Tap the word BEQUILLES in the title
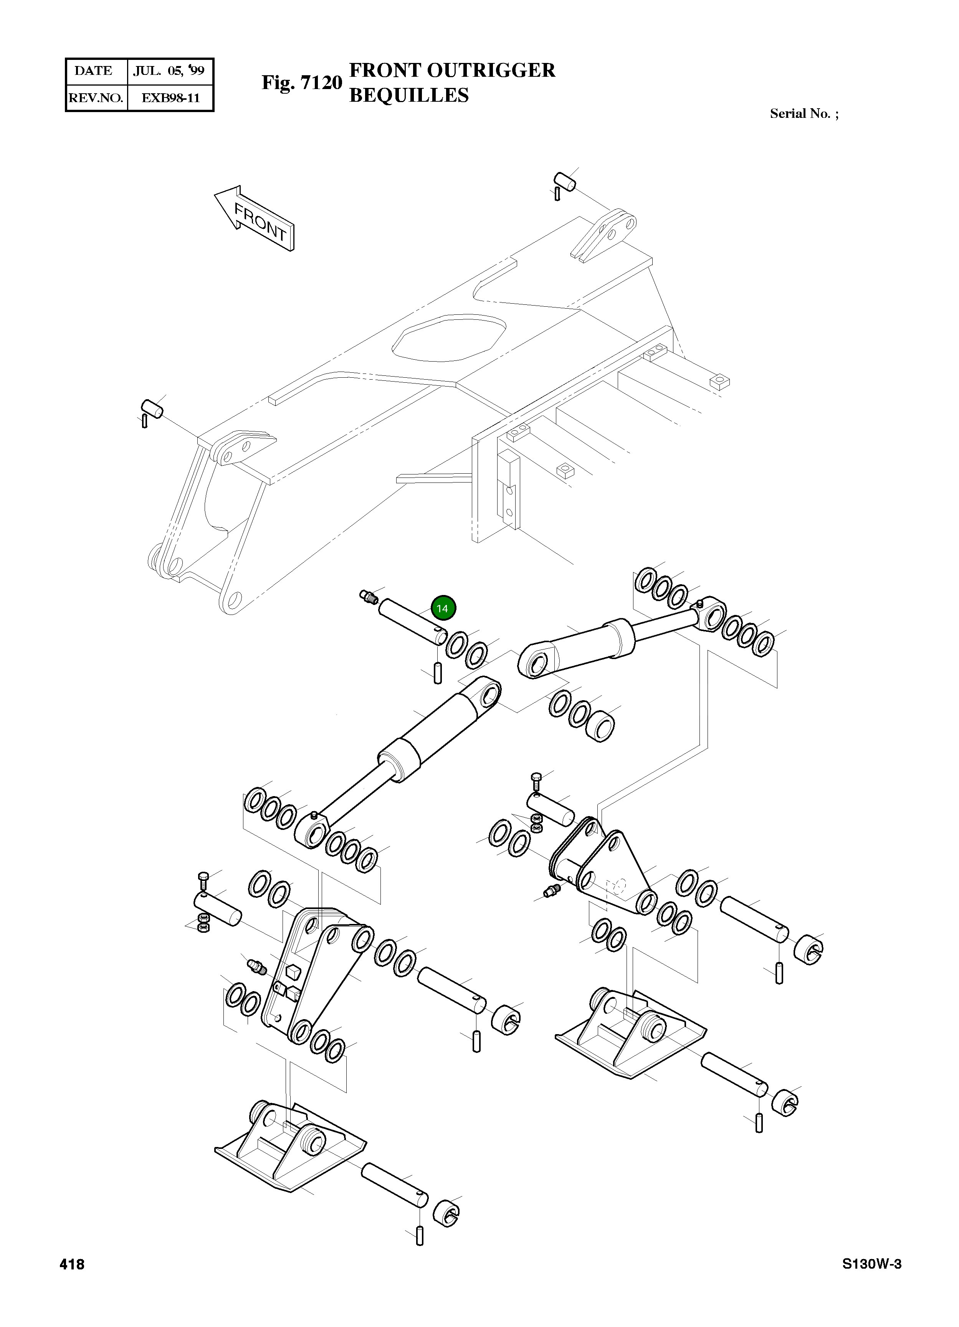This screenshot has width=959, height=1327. point(408,95)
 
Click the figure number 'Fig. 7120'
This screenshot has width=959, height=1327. point(301,83)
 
